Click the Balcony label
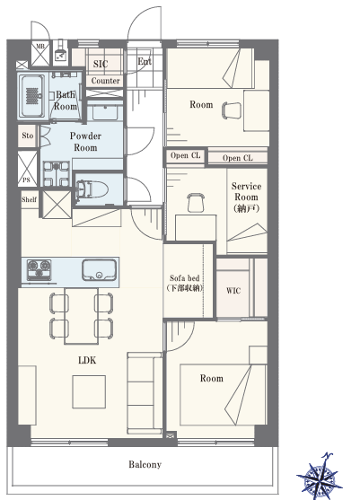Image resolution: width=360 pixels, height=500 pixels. point(145,465)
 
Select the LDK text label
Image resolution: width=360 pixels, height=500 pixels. point(87,360)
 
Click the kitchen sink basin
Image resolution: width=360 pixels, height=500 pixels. point(99,270)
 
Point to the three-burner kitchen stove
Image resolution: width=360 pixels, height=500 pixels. point(40,270)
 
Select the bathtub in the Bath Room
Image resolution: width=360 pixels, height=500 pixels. point(32,96)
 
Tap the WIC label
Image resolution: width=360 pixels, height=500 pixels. point(233,291)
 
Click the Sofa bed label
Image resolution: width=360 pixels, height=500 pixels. point(185,277)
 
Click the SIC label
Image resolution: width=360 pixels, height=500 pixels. point(101,64)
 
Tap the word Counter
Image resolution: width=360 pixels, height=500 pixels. point(106,81)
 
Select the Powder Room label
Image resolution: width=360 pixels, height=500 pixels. point(85,142)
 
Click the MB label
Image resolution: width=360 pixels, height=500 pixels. point(40,47)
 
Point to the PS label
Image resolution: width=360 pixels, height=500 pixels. point(26,180)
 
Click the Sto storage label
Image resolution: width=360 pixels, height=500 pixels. point(28,136)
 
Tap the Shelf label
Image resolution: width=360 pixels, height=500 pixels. point(29,199)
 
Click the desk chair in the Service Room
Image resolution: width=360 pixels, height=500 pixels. point(195,203)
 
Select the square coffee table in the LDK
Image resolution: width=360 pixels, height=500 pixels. point(89,392)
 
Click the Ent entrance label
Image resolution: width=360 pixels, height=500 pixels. point(145,61)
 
